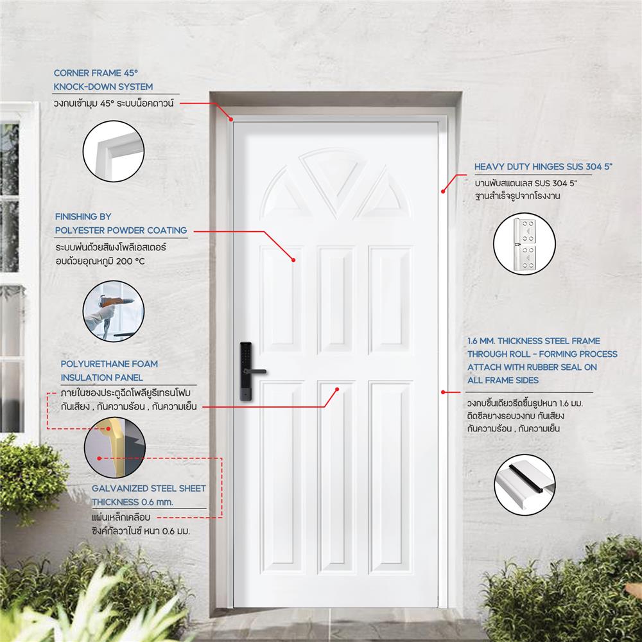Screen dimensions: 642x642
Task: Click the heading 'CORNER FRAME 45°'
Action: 96,73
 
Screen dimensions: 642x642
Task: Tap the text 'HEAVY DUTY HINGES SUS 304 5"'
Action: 543,167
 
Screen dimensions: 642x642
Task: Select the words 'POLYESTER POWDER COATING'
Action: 121,230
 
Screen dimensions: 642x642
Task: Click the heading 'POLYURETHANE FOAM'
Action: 109,364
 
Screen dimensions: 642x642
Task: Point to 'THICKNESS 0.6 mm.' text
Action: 132,501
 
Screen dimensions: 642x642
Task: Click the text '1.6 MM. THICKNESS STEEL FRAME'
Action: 534,341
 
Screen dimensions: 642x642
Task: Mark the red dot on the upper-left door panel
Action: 293,260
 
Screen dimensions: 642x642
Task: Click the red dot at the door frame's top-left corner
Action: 230,118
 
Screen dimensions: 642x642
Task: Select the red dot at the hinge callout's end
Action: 442,190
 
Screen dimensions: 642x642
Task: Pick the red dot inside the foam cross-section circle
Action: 99,458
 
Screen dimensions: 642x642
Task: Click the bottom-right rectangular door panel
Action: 389,478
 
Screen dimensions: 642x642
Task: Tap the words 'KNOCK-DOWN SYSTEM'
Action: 103,87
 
